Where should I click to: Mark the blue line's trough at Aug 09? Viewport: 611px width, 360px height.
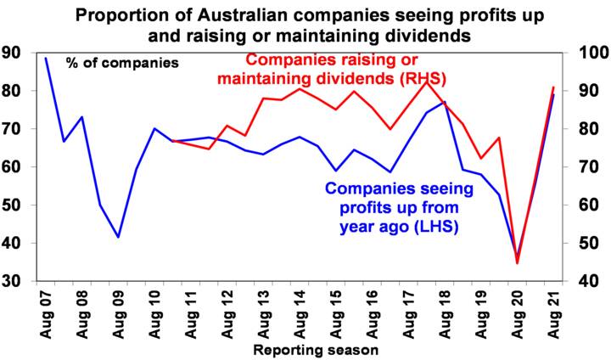coord(119,237)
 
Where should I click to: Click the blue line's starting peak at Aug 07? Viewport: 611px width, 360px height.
coord(46,58)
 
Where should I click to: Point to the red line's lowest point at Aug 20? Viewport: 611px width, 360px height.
coord(518,263)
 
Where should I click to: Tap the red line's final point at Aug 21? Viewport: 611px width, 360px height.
coord(554,87)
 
